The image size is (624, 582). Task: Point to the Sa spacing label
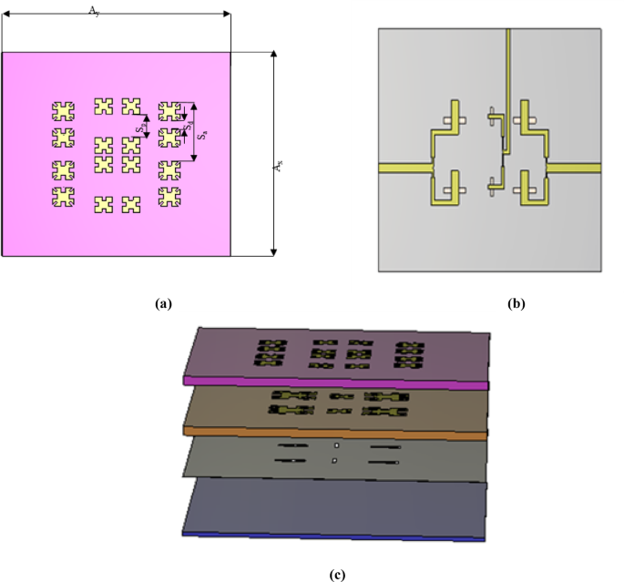(x=203, y=134)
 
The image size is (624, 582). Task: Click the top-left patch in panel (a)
(x=63, y=111)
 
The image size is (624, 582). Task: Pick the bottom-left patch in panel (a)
(x=63, y=197)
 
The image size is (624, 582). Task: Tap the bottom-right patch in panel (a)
(x=169, y=197)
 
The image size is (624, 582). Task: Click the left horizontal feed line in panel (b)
(x=401, y=168)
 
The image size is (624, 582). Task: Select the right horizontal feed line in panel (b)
(x=574, y=168)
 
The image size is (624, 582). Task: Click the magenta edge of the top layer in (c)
(x=337, y=382)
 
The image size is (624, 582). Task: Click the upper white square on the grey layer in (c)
(x=336, y=445)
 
